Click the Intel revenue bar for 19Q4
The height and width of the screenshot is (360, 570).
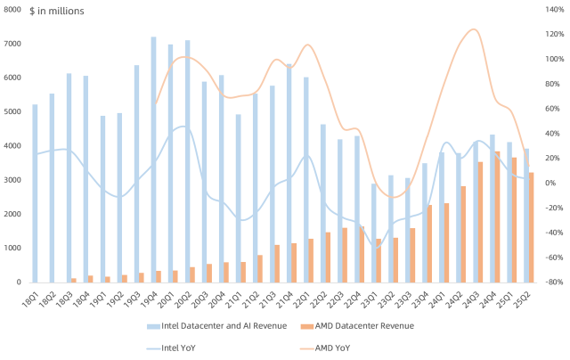153,160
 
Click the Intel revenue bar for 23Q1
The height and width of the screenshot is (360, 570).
374,233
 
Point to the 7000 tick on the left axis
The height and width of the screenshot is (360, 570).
13,44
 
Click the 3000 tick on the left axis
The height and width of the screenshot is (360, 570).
13,180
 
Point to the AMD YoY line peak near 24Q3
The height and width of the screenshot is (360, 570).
473,29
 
